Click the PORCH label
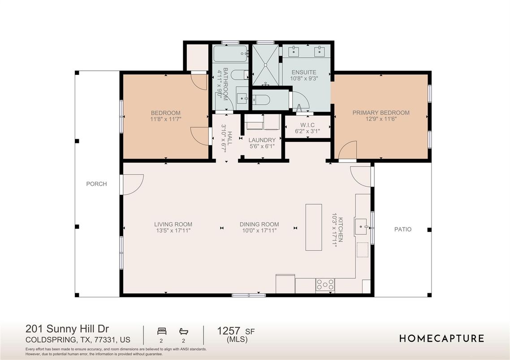[97, 184]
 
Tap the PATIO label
[403, 229]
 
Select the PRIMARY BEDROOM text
[381, 113]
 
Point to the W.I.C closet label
[307, 125]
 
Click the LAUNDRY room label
[262, 140]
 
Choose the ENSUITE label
[304, 73]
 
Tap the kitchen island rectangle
[314, 227]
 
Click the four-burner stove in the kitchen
[325, 285]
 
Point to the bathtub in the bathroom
[230, 54]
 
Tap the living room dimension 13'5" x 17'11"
[173, 231]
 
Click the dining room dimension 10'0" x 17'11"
[259, 231]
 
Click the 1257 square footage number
[229, 331]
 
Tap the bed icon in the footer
[162, 331]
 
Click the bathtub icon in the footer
[184, 331]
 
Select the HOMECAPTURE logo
[442, 339]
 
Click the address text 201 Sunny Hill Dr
[67, 329]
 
